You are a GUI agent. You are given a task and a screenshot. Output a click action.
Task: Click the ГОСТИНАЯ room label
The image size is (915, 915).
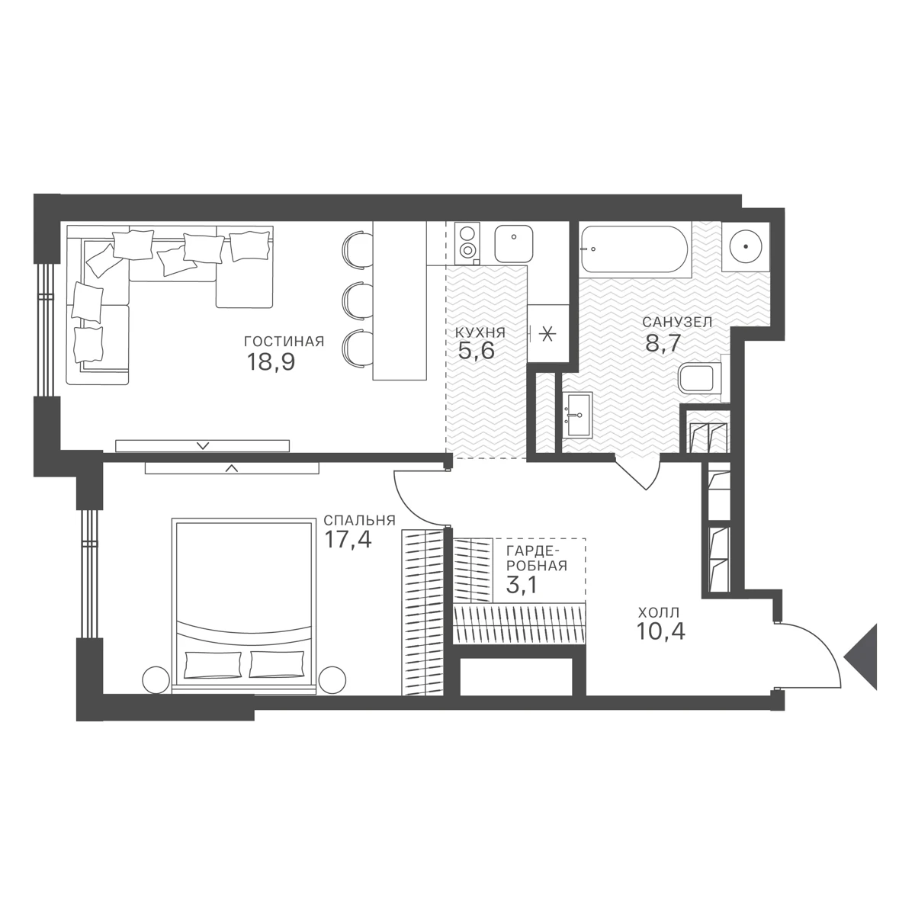pos(284,342)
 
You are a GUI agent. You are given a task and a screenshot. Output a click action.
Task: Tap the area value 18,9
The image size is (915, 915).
pos(271,362)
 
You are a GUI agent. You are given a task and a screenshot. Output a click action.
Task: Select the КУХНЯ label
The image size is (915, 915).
pos(477,332)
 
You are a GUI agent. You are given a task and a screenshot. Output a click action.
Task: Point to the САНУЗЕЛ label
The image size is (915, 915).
pos(677,322)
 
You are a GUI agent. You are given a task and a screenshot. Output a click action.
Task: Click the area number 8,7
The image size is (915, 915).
pos(663,343)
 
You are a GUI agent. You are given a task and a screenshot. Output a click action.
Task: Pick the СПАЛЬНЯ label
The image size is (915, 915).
pos(359,521)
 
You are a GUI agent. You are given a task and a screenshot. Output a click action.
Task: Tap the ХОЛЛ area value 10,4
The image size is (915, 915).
pos(660,631)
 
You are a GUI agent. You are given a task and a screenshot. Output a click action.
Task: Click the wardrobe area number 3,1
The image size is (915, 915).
pos(522,585)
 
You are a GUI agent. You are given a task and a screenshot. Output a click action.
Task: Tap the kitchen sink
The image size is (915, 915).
pos(513,244)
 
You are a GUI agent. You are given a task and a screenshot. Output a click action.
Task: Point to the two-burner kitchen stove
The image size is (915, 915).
pos(467,243)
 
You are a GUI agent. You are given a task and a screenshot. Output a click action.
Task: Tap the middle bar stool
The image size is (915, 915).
pos(358,299)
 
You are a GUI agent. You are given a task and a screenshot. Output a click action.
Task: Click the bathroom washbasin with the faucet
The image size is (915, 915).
pos(577,415)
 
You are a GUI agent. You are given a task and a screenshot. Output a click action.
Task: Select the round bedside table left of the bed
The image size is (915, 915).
pos(156,680)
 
